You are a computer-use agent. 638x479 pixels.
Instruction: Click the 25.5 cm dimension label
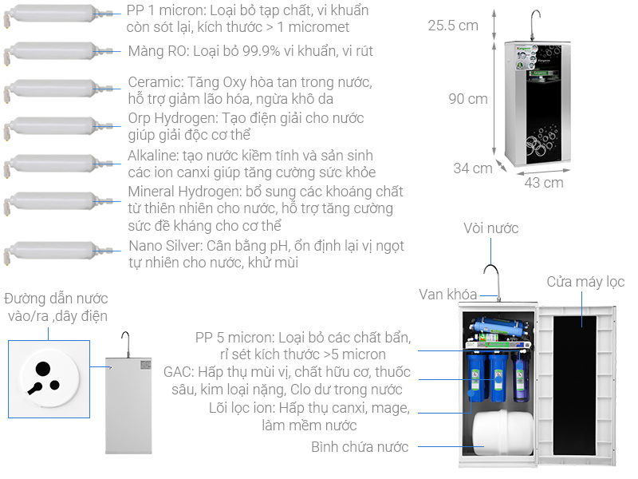453,26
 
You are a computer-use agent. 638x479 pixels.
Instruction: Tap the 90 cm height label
468,98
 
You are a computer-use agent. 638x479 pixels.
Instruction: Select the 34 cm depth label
473,168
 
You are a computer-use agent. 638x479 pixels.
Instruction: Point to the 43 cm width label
544,183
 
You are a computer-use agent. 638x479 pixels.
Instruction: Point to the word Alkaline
152,155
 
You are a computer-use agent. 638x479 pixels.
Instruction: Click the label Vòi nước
490,228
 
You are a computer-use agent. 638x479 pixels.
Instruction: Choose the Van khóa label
447,294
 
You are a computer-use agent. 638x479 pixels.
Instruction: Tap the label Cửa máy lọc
585,282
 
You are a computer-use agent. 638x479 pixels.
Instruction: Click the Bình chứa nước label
360,447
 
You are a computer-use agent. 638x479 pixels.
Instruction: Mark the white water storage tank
503,432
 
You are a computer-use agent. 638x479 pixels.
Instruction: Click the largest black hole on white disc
43,369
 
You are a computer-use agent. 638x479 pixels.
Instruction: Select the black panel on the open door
574,385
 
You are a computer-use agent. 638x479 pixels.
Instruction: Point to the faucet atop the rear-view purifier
126,344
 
